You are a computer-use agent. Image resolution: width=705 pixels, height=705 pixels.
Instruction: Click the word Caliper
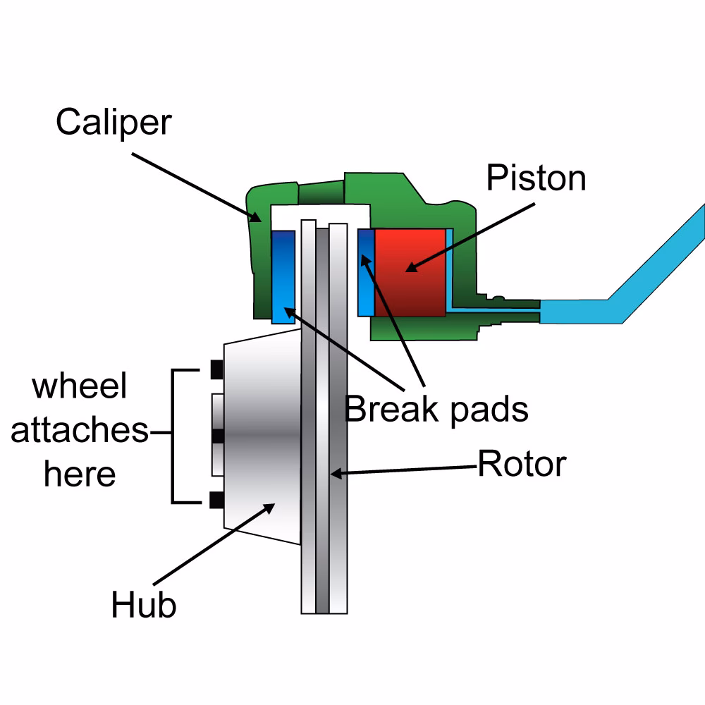point(114,122)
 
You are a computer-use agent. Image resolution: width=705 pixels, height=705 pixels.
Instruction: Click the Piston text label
point(536,178)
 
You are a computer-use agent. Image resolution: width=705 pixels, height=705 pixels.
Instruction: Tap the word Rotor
point(522,464)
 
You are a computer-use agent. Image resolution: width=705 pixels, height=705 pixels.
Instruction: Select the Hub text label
point(143,605)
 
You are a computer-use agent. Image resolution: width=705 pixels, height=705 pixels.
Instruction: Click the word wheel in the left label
point(80,387)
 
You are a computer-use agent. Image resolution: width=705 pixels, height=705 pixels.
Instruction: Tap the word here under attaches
point(79,474)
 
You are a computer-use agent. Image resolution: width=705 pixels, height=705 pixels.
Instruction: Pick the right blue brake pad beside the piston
point(366,272)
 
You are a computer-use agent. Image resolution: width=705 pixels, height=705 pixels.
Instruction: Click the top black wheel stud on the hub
point(216,368)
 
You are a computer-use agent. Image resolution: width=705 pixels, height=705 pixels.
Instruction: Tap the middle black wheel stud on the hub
point(217,436)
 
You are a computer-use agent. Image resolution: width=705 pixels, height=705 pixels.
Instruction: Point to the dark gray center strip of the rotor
point(322,423)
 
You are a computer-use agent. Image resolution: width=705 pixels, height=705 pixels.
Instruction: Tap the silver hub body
point(261,437)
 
